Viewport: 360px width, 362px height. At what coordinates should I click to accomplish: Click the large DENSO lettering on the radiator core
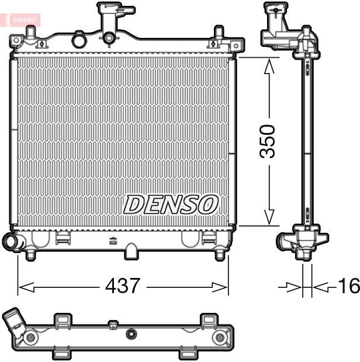171,204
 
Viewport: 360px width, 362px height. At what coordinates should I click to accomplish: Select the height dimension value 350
268,141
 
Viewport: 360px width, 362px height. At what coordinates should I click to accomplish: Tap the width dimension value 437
123,286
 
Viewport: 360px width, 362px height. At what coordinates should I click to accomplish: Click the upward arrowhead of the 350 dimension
269,66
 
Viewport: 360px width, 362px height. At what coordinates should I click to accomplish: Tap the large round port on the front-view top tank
78,40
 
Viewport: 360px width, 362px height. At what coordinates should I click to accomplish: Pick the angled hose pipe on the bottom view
13,323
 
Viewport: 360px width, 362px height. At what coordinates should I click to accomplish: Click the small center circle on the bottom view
131,335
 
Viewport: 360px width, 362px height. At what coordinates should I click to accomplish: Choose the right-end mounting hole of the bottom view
220,338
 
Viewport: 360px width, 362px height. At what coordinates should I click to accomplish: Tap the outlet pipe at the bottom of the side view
287,242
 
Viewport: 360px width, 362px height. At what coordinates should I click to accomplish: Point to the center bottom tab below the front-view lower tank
132,250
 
